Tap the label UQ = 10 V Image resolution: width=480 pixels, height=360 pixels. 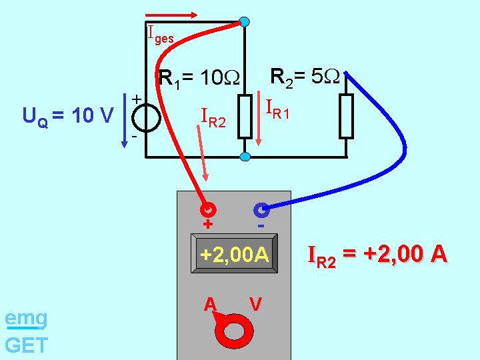pos(68,117)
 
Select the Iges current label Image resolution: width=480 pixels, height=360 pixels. pos(159,34)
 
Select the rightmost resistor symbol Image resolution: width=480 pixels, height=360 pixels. pos(346,116)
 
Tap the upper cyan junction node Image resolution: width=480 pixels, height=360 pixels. pos(245,21)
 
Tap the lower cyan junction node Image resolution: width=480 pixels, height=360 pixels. pos(245,157)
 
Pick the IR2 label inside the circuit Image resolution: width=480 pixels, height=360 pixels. pos(214,118)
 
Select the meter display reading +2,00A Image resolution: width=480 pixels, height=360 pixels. pos(234,255)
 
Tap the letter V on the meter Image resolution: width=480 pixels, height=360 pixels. pos(255,304)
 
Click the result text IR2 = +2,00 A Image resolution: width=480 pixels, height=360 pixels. pos(377,255)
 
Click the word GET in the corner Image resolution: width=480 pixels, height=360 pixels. pos(26,345)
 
